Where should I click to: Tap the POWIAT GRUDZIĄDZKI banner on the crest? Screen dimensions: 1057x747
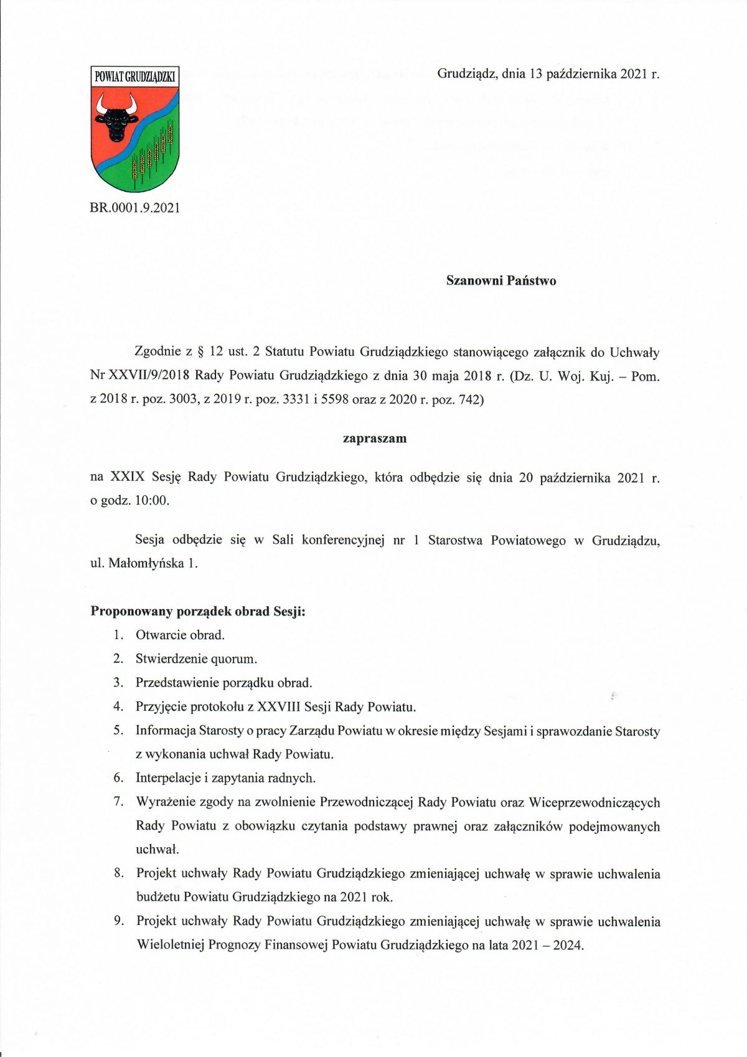click(x=134, y=77)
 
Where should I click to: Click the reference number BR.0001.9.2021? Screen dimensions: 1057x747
click(x=134, y=208)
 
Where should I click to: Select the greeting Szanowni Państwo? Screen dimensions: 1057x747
click(x=501, y=281)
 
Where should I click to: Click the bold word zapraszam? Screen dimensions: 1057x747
click(x=375, y=438)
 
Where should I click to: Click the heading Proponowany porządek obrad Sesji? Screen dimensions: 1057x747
click(x=198, y=611)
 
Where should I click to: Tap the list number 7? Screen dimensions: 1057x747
click(x=118, y=802)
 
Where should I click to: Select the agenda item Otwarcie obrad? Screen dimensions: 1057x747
click(x=180, y=635)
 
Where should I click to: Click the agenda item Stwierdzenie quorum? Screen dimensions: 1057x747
click(x=196, y=659)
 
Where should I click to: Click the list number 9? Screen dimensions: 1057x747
click(x=118, y=921)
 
